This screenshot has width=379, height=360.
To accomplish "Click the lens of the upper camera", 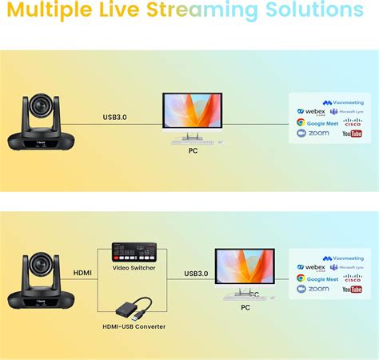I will [x=40, y=104].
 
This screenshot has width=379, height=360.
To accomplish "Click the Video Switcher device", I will [x=134, y=254].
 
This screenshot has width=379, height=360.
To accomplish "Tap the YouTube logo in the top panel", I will [x=352, y=134].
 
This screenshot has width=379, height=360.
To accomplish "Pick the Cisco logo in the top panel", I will [x=352, y=122].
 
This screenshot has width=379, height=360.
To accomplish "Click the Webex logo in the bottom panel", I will [x=312, y=267].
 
